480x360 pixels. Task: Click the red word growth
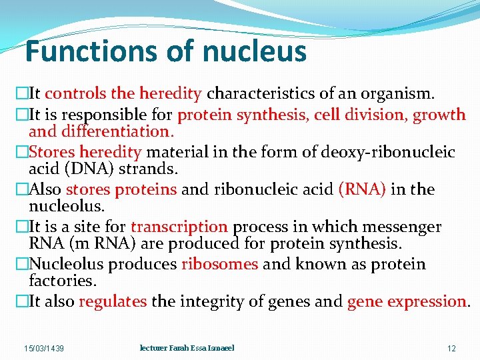click(x=439, y=115)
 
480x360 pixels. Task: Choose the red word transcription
click(x=179, y=227)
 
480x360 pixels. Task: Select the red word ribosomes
click(x=219, y=264)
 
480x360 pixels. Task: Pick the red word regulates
click(x=113, y=301)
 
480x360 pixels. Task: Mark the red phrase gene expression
click(x=407, y=301)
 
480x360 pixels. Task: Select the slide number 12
click(x=451, y=349)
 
